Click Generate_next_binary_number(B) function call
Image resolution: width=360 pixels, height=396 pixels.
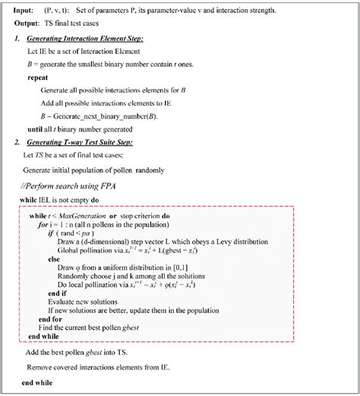coord(102,117)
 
